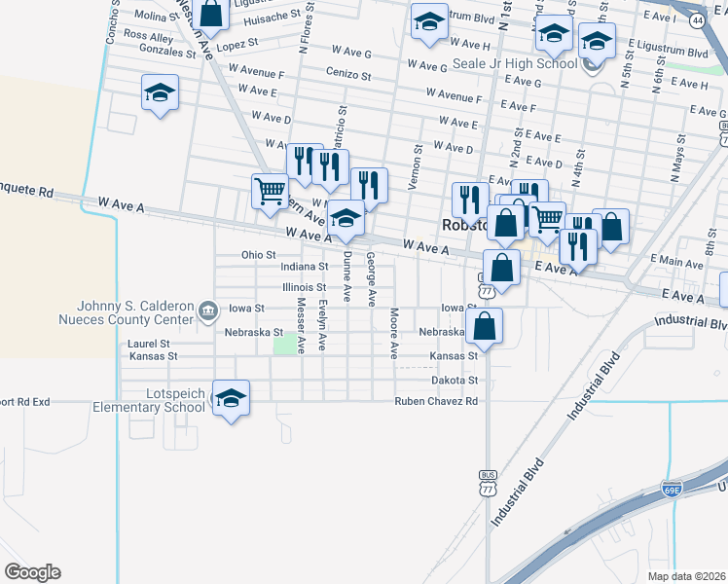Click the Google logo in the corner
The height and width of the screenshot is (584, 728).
[32, 572]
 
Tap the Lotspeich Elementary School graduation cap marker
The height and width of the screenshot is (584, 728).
[231, 398]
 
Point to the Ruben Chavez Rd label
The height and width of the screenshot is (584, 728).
[436, 401]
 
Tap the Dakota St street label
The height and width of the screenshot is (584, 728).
[455, 380]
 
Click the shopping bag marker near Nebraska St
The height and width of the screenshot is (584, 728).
[484, 327]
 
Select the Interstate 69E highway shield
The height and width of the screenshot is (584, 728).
[671, 484]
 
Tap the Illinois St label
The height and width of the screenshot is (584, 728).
[303, 287]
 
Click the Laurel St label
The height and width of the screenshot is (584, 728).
[149, 344]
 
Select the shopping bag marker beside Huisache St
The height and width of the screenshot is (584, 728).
[210, 14]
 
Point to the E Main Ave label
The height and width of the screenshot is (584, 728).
[680, 261]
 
